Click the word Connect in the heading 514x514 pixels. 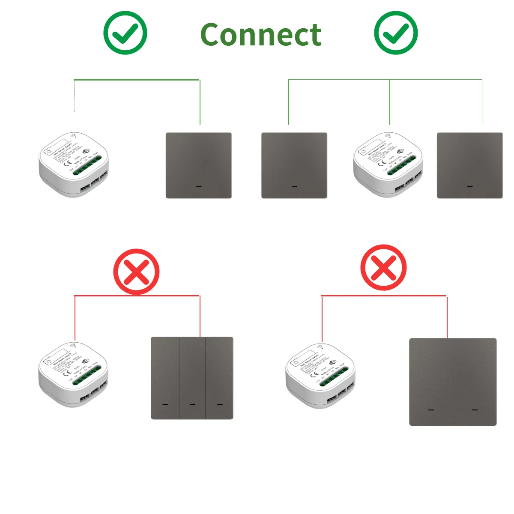pyautogui.click(x=260, y=35)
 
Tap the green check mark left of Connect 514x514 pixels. pyautogui.click(x=125, y=33)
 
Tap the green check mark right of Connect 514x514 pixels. pyautogui.click(x=396, y=33)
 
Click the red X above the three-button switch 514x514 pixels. pyautogui.click(x=136, y=272)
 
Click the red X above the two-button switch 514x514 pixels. pyautogui.click(x=383, y=268)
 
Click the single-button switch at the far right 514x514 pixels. pyautogui.click(x=469, y=165)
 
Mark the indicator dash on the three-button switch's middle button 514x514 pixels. pyautogui.click(x=192, y=404)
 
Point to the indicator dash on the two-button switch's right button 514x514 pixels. pyautogui.click(x=475, y=410)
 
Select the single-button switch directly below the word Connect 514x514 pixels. pyautogui.click(x=294, y=165)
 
